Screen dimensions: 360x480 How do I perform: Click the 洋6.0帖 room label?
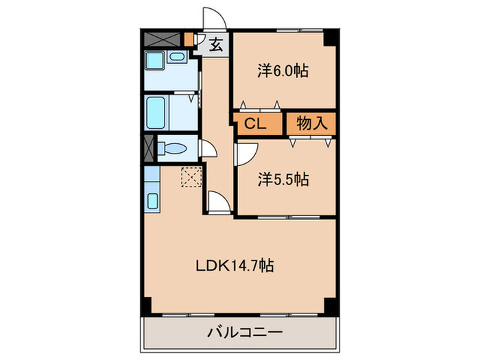(283, 71)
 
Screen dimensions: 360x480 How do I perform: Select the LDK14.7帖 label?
(236, 265)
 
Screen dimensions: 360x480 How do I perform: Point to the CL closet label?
(254, 124)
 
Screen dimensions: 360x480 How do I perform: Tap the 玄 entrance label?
(215, 46)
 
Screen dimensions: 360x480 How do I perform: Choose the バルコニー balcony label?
(244, 334)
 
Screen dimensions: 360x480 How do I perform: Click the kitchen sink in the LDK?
(153, 202)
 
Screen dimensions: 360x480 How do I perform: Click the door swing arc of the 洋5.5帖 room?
(246, 152)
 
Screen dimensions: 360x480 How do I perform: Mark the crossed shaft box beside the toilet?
(149, 147)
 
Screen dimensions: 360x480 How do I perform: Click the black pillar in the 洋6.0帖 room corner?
(331, 37)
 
